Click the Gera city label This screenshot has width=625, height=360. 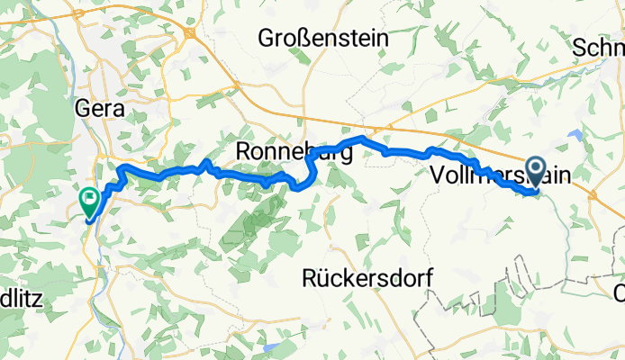click(96, 109)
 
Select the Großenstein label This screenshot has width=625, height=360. click(323, 39)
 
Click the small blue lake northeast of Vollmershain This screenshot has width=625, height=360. click(574, 137)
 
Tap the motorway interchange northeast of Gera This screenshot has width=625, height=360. click(191, 33)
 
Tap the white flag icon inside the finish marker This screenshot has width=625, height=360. click(90, 197)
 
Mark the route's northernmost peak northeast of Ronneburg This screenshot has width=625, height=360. click(362, 138)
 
